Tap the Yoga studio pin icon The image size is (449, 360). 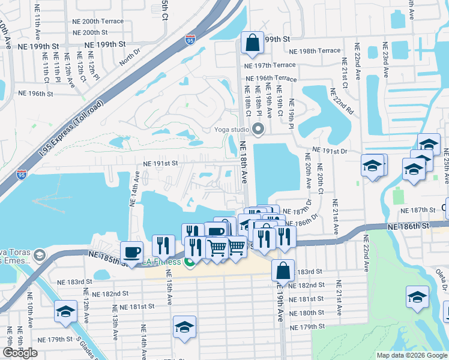point(259,129)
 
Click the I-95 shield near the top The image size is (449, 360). point(190,40)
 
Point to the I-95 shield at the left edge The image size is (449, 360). point(21,175)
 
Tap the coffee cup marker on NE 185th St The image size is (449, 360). point(131,253)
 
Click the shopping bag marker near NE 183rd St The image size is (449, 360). point(283,271)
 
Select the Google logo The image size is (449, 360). point(20,353)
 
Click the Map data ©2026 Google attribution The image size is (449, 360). point(412,355)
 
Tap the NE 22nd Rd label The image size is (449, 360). point(342,102)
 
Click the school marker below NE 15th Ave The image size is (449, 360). point(185,327)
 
